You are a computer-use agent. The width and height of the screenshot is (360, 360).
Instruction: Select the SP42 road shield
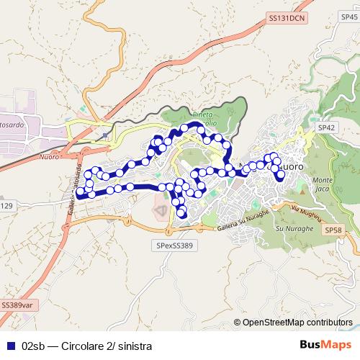(x=327, y=127)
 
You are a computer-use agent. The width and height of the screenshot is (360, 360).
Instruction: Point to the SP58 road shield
(x=333, y=230)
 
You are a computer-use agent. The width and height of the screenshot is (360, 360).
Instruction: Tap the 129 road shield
(x=6, y=206)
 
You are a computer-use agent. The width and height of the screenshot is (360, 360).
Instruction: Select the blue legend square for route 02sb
(x=9, y=345)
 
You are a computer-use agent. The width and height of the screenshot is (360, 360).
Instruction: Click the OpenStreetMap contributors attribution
(x=297, y=323)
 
